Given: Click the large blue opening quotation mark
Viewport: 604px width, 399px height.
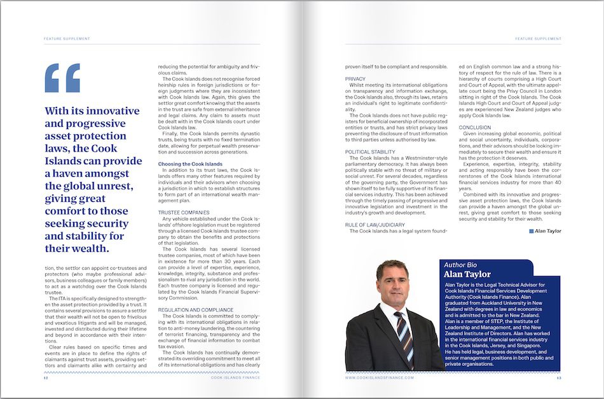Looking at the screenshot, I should point(62,78).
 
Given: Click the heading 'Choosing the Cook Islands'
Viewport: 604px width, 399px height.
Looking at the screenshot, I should point(190,164).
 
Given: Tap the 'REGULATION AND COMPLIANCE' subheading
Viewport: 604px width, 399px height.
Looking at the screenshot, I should point(195,309).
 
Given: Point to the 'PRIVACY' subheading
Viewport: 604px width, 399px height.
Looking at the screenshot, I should point(355,78).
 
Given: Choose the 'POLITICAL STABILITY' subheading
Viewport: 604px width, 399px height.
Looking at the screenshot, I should point(371,151).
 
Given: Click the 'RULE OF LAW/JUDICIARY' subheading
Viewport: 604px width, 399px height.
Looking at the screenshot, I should point(375,225).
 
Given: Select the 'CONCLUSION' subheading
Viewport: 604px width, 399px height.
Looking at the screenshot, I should point(475,127).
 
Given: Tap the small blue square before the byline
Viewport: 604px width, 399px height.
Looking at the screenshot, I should point(532,231).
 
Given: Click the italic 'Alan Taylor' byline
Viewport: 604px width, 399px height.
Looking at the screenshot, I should point(548,231).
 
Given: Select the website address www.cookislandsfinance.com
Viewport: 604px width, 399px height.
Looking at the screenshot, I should point(380,377).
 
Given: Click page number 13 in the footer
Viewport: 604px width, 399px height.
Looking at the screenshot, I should point(559,377).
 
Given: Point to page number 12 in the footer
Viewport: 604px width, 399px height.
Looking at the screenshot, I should point(46,377).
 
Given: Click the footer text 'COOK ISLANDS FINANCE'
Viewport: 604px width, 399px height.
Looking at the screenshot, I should point(237,377).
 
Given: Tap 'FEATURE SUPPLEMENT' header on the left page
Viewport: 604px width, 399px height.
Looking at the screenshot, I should point(67,39).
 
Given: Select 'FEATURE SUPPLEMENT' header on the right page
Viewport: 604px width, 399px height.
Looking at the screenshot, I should point(538,39).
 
